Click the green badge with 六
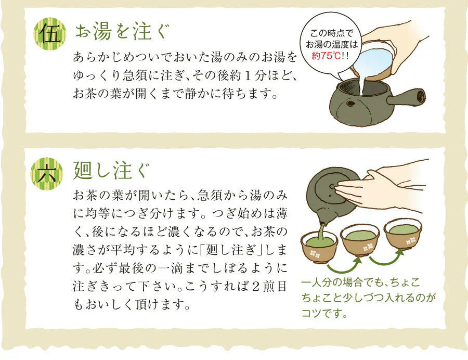(50, 173)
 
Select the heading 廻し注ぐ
(112, 171)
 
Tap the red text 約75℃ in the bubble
(326, 56)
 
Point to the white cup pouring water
(375, 60)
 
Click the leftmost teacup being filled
(319, 244)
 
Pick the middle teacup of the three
(360, 239)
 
